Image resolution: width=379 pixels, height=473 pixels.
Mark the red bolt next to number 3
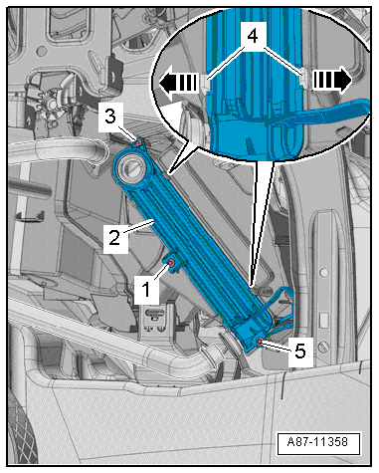136,143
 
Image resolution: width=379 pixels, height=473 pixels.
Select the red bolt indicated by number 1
171,264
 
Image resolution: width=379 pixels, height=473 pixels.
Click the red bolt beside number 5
260,342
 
